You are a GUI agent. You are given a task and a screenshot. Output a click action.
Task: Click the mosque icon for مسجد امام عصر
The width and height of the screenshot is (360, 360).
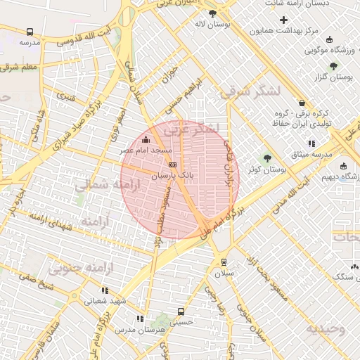point(146,139)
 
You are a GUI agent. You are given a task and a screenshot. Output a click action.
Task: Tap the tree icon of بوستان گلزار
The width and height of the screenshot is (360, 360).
point(333,65)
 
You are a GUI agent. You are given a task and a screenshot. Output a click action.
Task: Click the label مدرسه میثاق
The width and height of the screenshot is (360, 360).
point(311,154)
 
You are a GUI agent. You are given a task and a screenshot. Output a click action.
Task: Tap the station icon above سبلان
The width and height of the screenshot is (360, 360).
point(224,262)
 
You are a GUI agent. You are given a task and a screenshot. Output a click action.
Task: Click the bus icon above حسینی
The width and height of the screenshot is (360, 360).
point(181,311)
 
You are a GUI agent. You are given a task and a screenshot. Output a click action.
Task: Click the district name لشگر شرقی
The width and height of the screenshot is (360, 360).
point(250,91)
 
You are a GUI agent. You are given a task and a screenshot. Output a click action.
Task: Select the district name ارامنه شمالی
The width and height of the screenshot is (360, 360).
point(94,187)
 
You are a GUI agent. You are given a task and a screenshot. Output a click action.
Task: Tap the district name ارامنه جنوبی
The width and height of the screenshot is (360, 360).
point(72,268)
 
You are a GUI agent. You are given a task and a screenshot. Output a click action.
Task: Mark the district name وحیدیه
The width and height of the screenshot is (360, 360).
point(325,329)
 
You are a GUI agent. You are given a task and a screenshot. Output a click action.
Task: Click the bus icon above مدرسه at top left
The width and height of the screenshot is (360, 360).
point(30,32)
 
